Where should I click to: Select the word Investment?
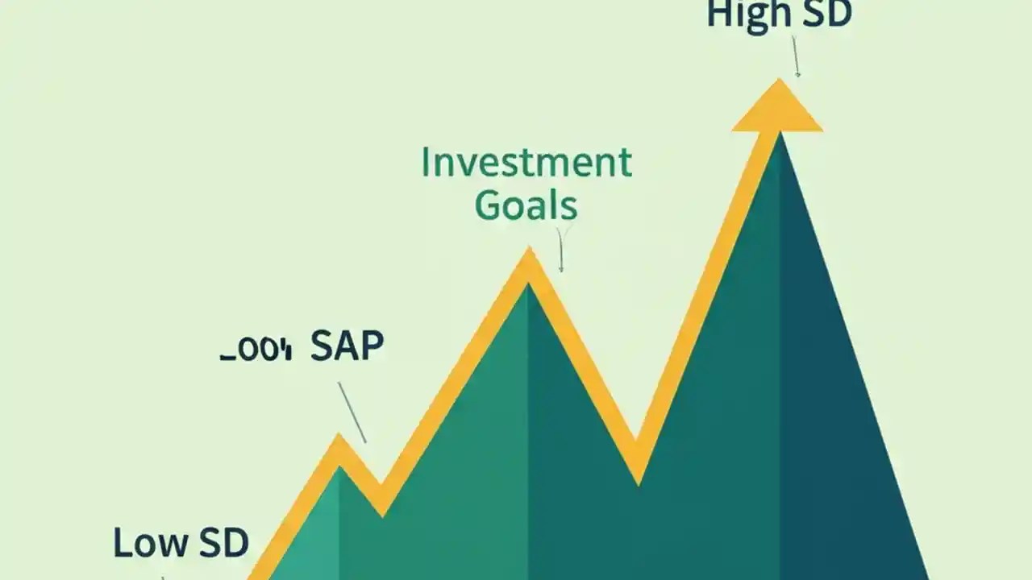526,163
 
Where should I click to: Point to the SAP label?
347,346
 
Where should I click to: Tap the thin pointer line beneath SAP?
352,412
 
